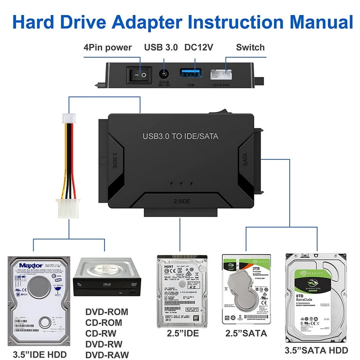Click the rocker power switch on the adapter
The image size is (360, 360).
coord(138,74)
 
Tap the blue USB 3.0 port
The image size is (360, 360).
coord(190,75)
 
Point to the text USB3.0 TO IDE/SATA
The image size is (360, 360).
coord(180,136)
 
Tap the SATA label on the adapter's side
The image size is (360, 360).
coord(245,159)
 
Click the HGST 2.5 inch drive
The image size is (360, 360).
coord(180,290)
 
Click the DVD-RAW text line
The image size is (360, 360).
coord(107,355)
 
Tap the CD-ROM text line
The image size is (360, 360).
coord(104,322)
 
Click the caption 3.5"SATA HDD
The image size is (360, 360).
coord(316,350)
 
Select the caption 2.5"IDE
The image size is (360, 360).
coord(183,334)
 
